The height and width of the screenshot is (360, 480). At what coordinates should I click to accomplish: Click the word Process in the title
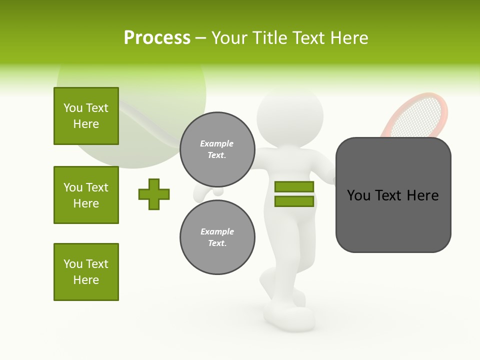(157, 38)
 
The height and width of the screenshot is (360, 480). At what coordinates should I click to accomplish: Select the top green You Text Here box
(86, 116)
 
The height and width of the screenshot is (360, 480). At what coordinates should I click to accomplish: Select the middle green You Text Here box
(86, 195)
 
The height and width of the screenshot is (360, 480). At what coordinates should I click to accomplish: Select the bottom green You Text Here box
(86, 272)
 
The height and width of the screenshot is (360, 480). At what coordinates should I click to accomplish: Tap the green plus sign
(154, 194)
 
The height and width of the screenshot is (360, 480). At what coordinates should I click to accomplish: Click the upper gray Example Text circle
(217, 149)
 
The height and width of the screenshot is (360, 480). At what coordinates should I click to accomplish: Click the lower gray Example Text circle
(217, 237)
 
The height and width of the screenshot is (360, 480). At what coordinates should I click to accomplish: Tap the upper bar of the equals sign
(294, 186)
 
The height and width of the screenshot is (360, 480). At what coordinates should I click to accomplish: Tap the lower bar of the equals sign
(294, 201)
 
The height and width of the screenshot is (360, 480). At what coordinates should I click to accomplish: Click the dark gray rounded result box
(393, 195)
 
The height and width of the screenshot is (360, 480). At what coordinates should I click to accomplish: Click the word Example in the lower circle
(217, 231)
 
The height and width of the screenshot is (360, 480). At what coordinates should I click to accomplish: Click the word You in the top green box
(73, 108)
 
